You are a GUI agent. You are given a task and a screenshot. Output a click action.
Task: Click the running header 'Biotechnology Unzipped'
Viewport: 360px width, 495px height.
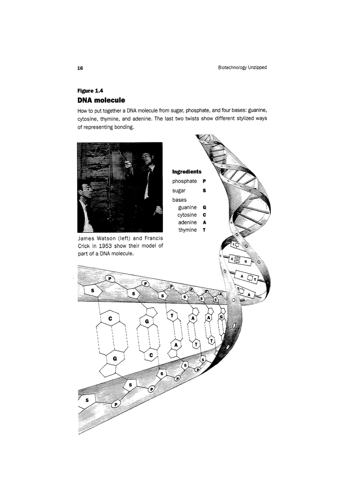(242, 67)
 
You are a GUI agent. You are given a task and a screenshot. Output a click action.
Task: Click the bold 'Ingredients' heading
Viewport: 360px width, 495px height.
(187, 171)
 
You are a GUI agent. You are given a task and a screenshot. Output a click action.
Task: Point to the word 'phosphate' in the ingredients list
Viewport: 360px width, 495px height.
(184, 181)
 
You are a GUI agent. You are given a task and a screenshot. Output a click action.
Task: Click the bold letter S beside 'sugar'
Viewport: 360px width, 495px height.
(204, 191)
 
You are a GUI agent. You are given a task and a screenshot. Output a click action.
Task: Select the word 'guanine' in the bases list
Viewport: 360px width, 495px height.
(187, 207)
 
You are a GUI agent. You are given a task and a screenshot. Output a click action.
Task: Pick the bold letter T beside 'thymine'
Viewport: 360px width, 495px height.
(204, 230)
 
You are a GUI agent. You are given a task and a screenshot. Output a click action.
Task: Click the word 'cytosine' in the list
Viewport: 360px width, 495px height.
(187, 215)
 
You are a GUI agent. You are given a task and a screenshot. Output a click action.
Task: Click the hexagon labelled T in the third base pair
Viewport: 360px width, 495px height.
(173, 316)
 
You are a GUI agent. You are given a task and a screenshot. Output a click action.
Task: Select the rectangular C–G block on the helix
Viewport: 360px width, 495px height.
(240, 261)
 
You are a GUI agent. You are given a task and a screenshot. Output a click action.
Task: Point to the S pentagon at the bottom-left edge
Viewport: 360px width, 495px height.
(87, 400)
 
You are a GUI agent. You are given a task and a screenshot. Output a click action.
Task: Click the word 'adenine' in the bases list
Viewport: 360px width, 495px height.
(187, 223)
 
